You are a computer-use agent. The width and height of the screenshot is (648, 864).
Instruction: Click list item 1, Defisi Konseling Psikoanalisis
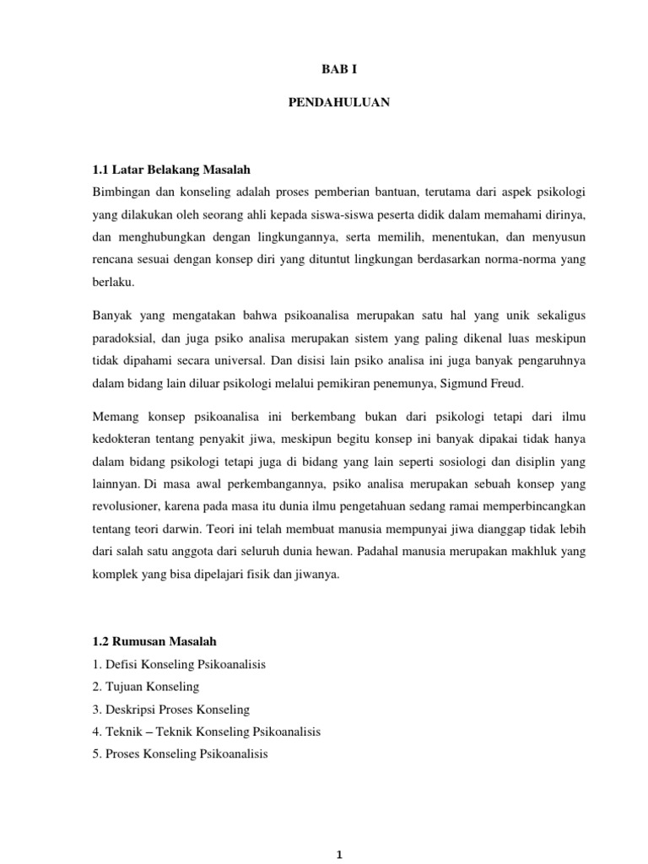[x=179, y=665]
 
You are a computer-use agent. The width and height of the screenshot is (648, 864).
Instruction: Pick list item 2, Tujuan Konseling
[x=146, y=687]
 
